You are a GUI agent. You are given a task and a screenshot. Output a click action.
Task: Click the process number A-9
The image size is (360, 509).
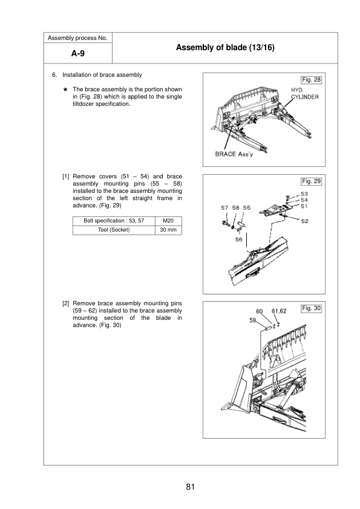[77, 54]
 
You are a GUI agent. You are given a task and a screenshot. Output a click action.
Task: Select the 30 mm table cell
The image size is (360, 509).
[169, 230]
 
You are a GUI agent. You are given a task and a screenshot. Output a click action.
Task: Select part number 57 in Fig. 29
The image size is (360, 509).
[224, 207]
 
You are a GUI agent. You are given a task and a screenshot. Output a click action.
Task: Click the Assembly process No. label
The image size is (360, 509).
[77, 38]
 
